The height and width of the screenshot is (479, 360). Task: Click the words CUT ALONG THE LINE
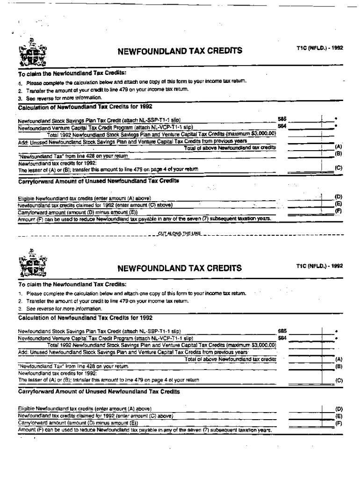180,233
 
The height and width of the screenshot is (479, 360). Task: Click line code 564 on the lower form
282,337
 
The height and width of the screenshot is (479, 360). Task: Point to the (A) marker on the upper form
339,146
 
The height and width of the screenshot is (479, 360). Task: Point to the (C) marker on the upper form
339,167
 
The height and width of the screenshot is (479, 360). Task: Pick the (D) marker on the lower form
339,408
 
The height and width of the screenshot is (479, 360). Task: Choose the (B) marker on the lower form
339,366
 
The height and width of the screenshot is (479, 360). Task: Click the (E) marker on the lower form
339,415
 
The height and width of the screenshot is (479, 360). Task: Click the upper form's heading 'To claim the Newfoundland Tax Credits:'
72,73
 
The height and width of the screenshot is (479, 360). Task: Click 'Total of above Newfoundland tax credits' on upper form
230,147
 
